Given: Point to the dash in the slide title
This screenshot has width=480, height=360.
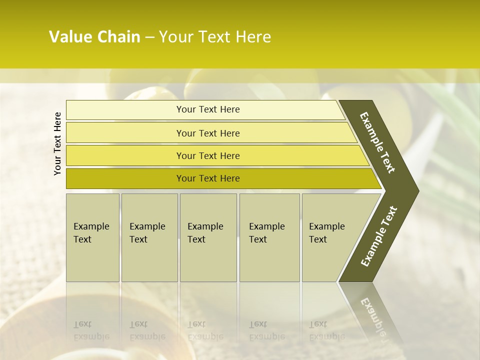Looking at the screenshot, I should (x=149, y=37).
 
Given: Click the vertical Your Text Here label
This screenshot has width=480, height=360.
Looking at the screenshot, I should (x=57, y=143).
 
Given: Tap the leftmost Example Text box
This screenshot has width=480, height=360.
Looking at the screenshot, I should (x=92, y=237).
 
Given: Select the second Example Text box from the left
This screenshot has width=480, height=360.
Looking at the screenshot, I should (x=149, y=237).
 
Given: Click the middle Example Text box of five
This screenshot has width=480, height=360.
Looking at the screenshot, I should (x=208, y=237).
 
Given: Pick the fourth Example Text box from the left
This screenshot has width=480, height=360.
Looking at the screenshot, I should (x=269, y=237).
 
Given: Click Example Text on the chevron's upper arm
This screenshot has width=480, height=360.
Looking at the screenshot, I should (x=377, y=142).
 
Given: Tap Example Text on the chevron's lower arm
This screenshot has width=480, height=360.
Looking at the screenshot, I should (x=379, y=236).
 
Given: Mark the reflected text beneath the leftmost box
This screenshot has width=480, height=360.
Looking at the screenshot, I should (x=91, y=330).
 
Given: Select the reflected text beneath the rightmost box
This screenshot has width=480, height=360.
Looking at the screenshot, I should (x=327, y=330).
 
